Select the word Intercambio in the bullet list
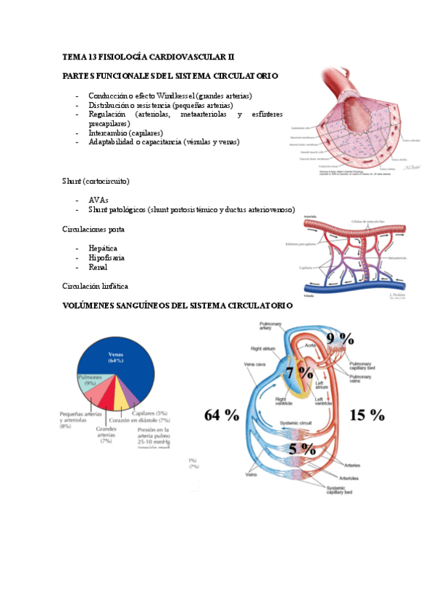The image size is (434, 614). tap(107, 133)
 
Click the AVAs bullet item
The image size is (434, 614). tap(99, 200)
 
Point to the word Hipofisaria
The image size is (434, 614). tap(107, 258)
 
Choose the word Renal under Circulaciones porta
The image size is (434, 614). tap(98, 267)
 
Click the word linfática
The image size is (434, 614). tap(114, 287)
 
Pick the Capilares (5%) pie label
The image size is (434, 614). tap(151, 413)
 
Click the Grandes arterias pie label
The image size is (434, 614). tap(107, 434)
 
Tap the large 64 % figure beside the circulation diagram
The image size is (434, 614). tap(221, 415)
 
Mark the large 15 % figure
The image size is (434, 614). tap(367, 415)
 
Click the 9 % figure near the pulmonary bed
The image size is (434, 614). tap(339, 338)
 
